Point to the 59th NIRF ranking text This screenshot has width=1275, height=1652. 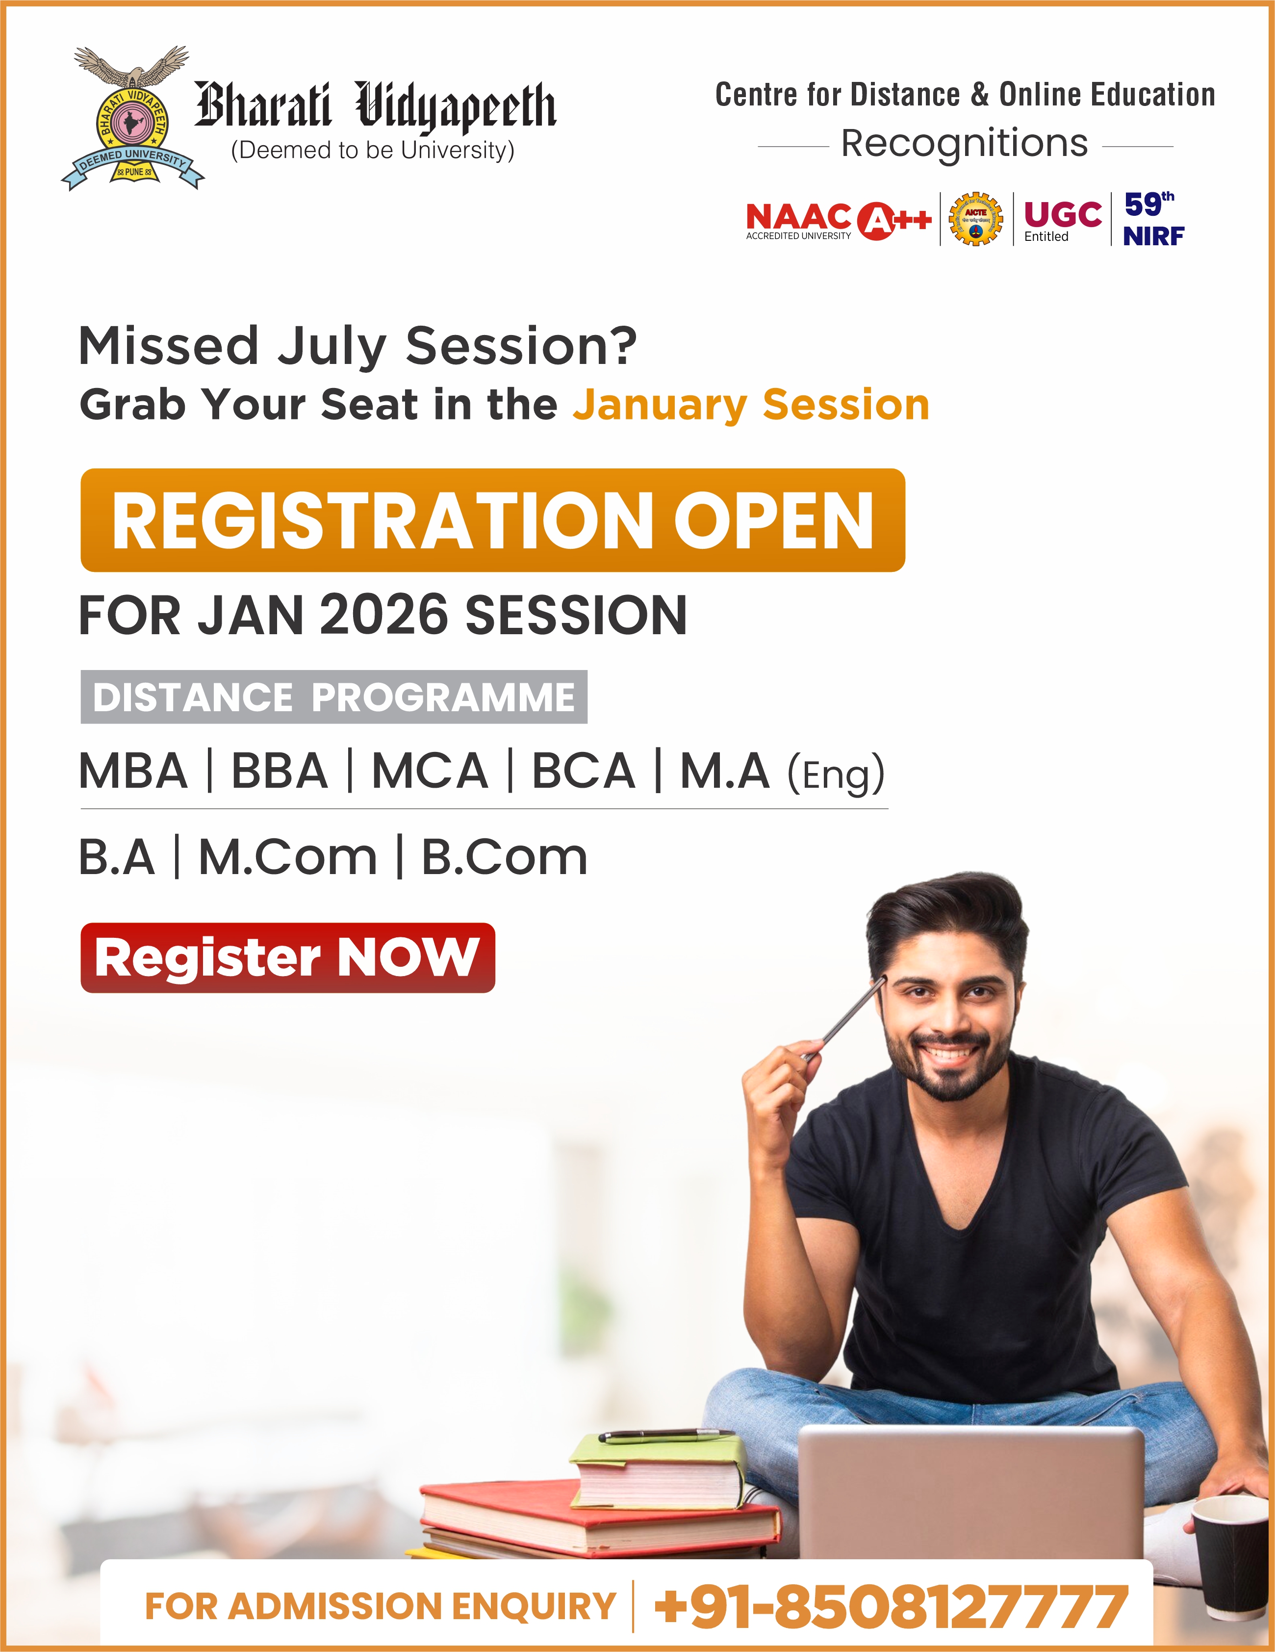1154,219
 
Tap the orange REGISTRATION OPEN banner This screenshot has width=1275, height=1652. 492,519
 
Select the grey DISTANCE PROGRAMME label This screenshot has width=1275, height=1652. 333,697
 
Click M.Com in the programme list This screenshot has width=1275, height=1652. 287,858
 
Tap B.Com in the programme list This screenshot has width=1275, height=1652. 505,858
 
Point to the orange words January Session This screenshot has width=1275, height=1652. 751,405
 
